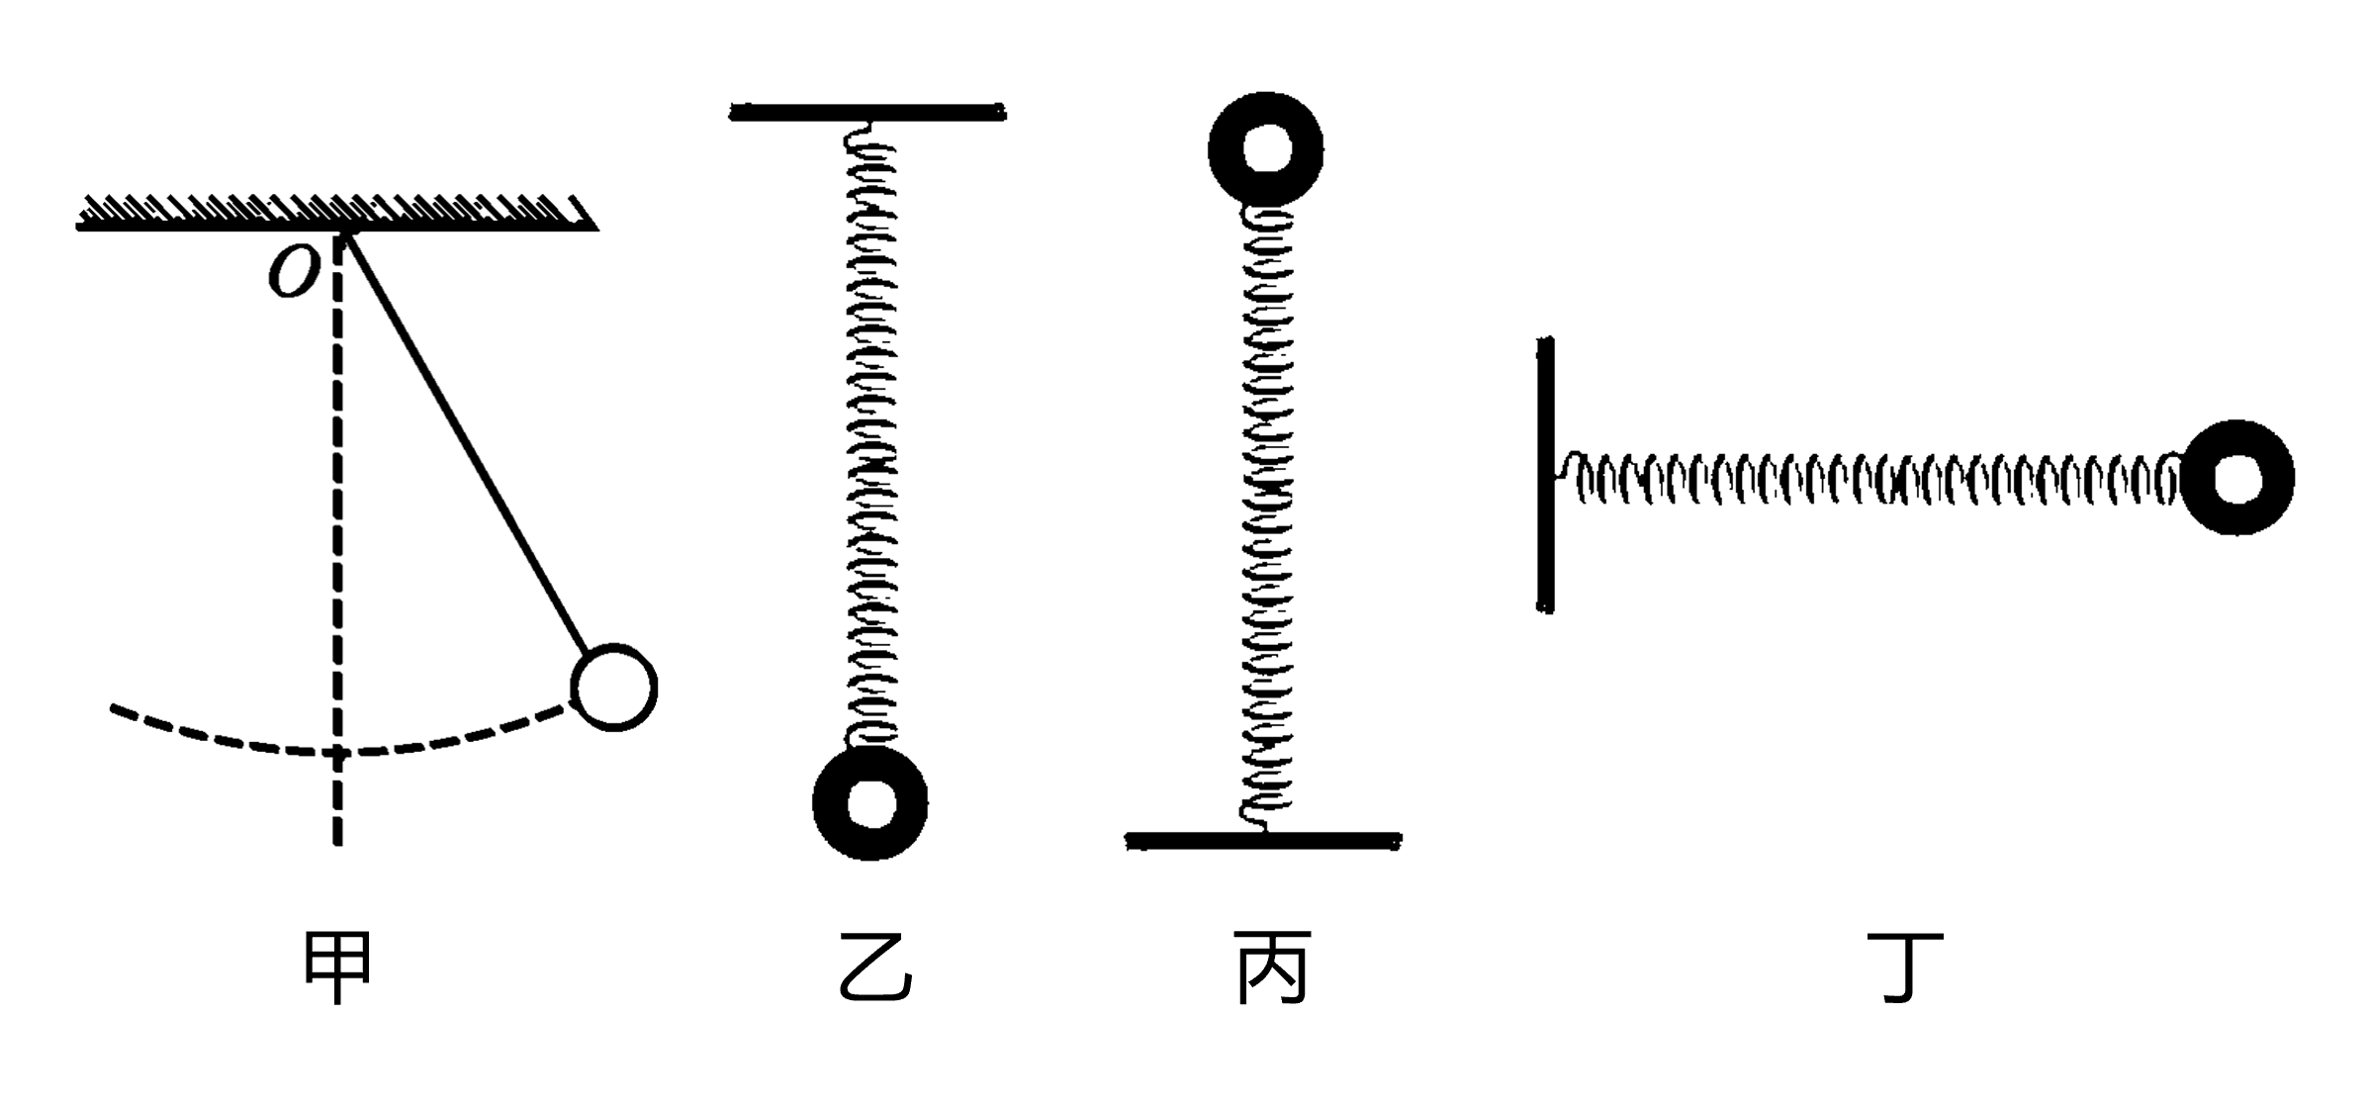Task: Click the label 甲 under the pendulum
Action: coord(337,968)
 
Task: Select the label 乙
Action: coord(874,968)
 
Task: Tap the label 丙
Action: coord(1272,968)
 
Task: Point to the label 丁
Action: coord(1905,968)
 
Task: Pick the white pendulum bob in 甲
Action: coord(614,688)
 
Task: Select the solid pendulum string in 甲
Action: coord(465,440)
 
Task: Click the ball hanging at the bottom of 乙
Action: coord(869,802)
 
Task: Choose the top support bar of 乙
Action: coord(867,113)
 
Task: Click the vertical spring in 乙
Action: coord(871,435)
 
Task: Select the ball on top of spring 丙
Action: coord(1265,149)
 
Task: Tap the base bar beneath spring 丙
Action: coord(1263,841)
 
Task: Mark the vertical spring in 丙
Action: coord(1267,514)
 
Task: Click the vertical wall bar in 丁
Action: coord(1545,475)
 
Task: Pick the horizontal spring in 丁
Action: coord(1869,480)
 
